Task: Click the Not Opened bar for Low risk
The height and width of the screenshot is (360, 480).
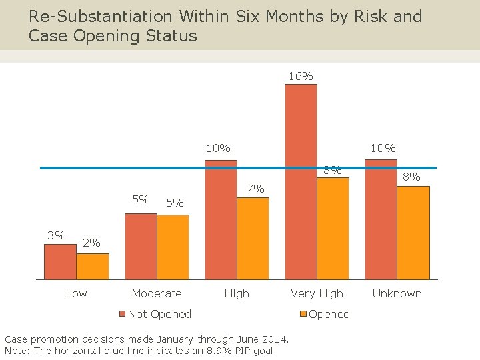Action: (60, 261)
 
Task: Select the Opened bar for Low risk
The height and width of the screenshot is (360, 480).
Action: (93, 266)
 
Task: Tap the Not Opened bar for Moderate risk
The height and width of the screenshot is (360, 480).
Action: (141, 246)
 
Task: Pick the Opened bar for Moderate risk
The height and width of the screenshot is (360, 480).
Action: (173, 247)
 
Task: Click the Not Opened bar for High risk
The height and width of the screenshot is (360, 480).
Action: (221, 219)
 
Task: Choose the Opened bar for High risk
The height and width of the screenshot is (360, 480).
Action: (253, 238)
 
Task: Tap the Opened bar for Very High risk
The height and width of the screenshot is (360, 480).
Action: (333, 228)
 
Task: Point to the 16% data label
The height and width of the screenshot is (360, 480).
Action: (301, 76)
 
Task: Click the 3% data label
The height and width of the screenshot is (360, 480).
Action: (56, 235)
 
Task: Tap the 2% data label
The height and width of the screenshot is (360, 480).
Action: (91, 243)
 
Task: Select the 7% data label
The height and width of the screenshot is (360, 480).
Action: (255, 189)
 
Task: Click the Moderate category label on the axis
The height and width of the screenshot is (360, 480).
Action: (157, 293)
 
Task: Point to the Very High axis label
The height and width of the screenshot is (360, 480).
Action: (317, 293)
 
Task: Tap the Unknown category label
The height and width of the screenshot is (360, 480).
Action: (397, 293)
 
